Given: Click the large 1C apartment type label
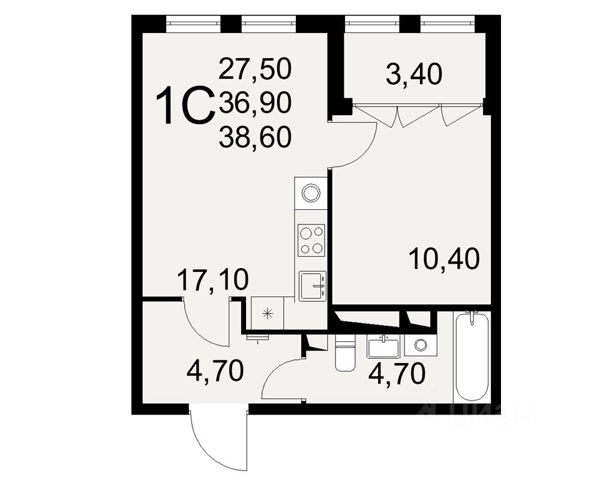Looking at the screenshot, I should pos(185,106).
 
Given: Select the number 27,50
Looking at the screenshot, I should pos(255,69).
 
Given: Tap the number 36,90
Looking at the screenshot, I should pos(255,104).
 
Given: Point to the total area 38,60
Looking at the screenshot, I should pos(255,138).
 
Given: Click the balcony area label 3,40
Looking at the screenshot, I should pos(413,75).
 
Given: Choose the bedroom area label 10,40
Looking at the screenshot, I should pos(443,259).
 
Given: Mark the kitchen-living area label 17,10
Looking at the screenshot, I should pos(212,280).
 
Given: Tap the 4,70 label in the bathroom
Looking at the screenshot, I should pos(397,373).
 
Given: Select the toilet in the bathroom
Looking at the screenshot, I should pos(346,354).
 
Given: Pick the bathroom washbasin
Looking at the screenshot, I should pos(383,347).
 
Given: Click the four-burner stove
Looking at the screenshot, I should pos(311,240).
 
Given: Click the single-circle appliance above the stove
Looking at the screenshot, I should pos(311,193).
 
